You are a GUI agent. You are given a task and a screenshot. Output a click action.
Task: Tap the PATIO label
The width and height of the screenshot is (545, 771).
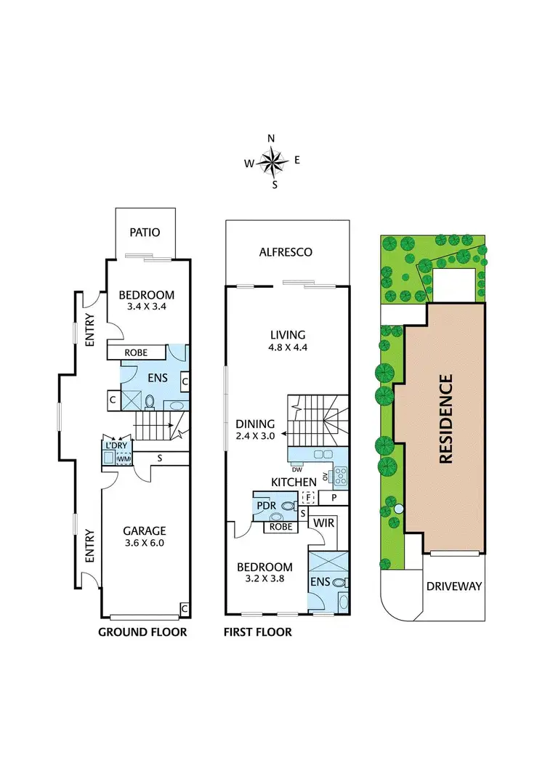(x=145, y=233)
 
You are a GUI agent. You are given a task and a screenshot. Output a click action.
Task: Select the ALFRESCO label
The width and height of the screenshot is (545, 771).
(x=286, y=252)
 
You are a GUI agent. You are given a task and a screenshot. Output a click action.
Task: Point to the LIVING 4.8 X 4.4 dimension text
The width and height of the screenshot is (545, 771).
(x=287, y=348)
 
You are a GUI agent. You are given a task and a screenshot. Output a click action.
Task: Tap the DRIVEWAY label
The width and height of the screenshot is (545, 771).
(x=454, y=586)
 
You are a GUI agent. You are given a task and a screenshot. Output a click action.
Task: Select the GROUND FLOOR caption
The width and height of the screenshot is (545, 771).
(x=142, y=632)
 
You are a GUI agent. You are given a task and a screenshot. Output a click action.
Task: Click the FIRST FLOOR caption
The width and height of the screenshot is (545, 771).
(x=257, y=632)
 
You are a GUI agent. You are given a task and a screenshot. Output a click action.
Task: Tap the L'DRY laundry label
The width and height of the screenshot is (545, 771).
(x=116, y=445)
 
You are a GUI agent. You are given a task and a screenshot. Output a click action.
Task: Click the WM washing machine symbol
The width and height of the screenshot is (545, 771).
(x=124, y=459)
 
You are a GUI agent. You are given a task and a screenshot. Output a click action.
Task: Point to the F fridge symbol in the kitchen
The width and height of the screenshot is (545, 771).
(x=307, y=498)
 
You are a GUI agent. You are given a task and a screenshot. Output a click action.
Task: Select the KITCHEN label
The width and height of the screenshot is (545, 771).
(x=294, y=482)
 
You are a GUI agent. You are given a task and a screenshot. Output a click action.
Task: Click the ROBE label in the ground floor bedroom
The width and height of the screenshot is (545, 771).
(x=136, y=352)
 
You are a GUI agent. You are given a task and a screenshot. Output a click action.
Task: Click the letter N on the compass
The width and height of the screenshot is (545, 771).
(x=272, y=138)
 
